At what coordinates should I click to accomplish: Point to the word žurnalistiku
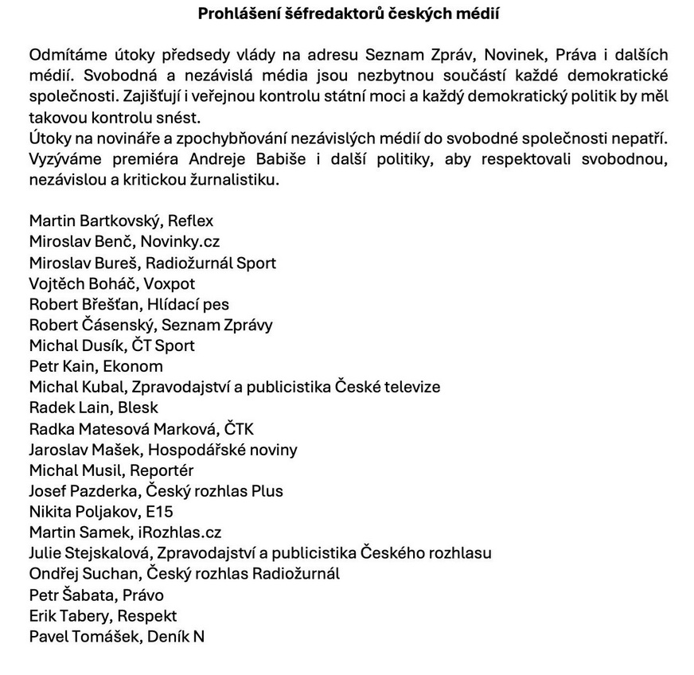click(237, 180)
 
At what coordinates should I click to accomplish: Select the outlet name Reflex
click(190, 221)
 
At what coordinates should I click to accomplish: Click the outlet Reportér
click(162, 470)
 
